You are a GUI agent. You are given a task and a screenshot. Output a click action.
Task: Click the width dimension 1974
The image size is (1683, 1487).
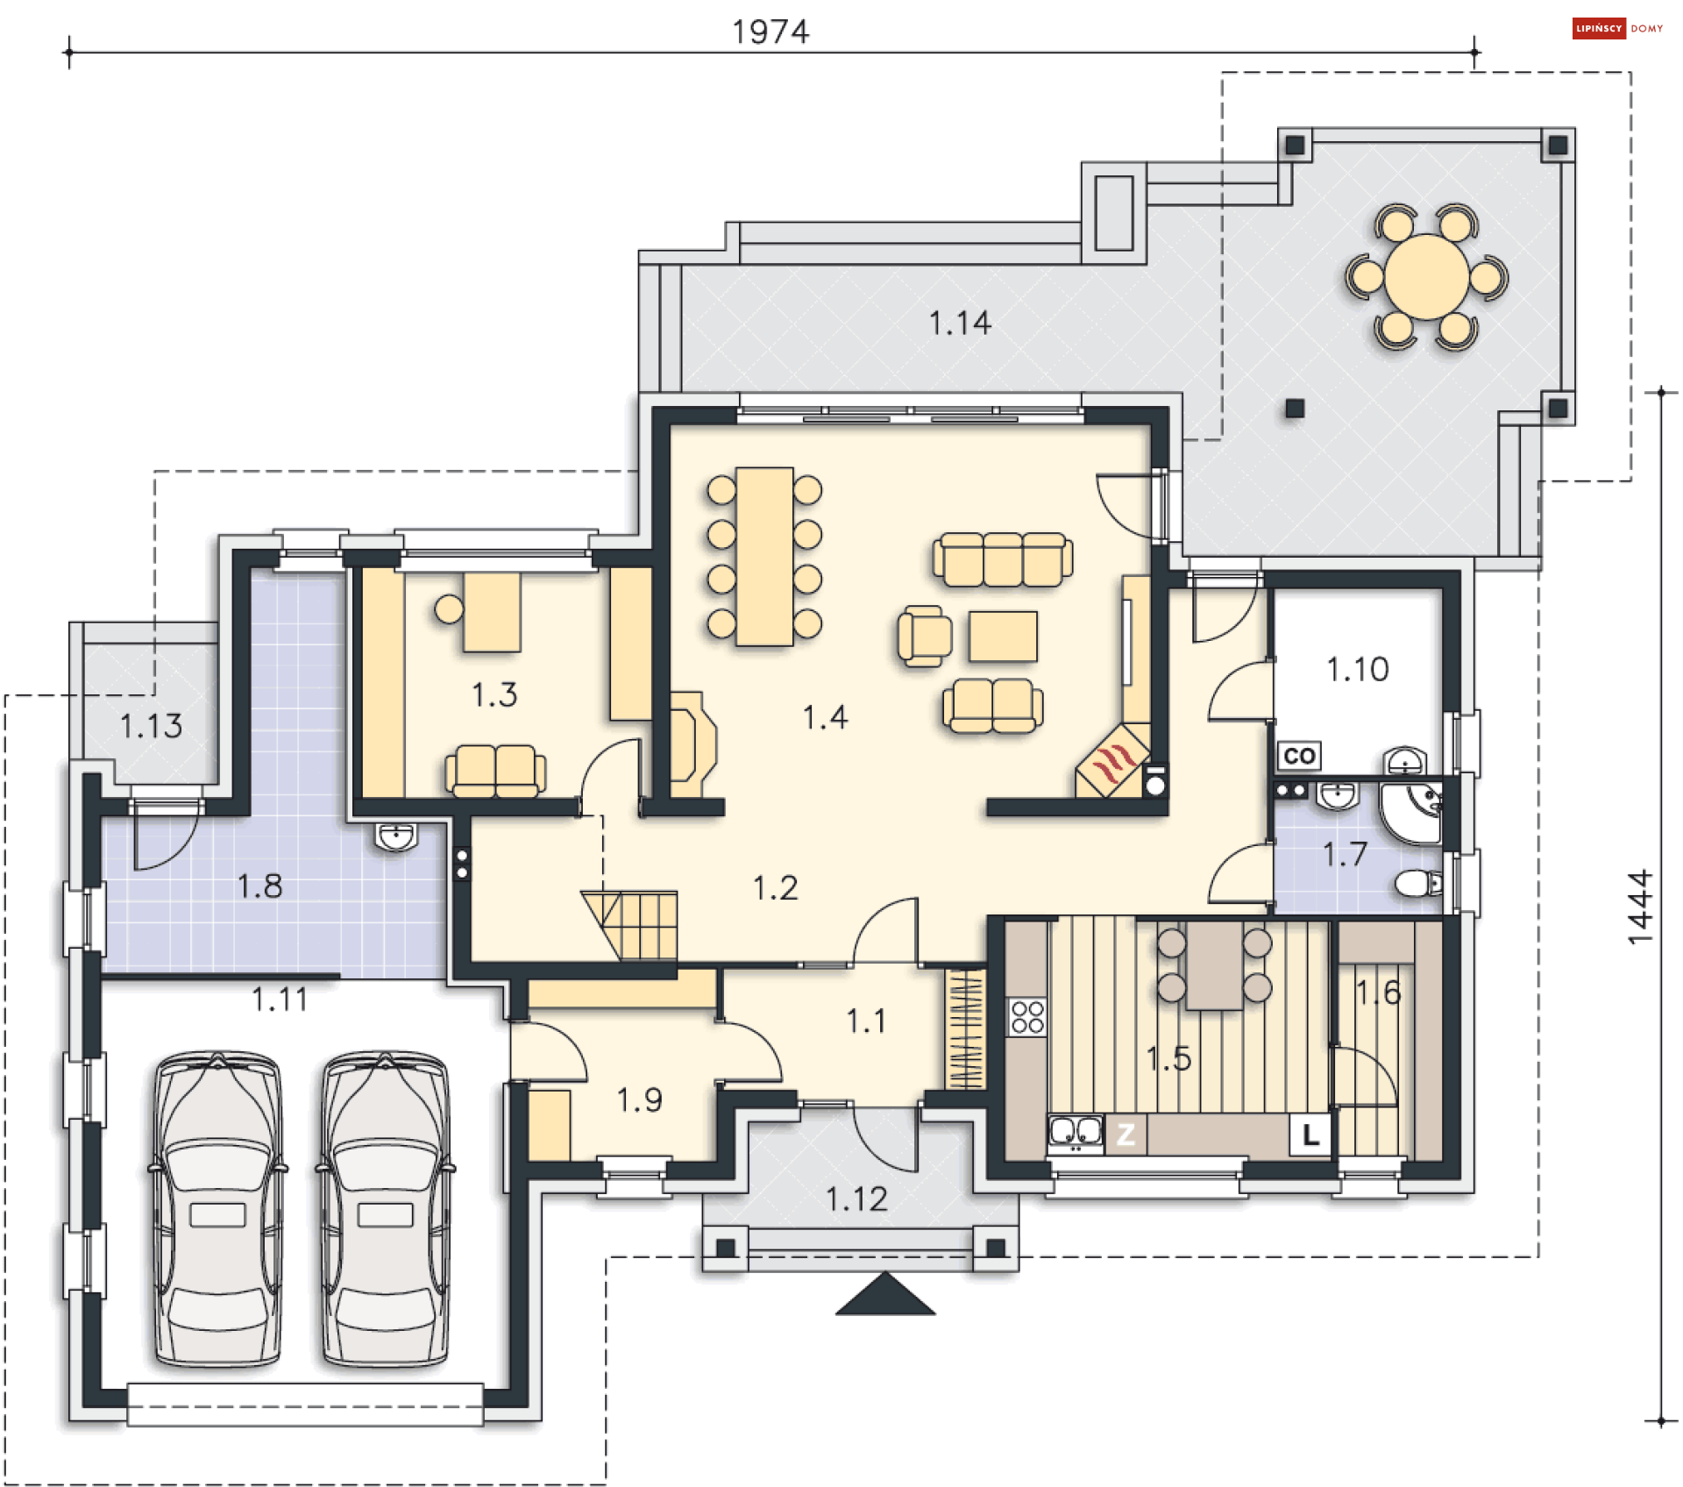pyautogui.click(x=770, y=32)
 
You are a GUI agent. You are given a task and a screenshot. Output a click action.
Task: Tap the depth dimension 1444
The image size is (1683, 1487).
pyautogui.click(x=1640, y=907)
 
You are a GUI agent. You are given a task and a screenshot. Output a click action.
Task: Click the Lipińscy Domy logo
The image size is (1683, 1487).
pyautogui.click(x=1617, y=28)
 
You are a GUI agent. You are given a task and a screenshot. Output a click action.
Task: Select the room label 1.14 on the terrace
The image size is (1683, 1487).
pyautogui.click(x=960, y=324)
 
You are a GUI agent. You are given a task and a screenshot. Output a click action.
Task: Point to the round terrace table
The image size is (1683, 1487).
pyautogui.click(x=1426, y=277)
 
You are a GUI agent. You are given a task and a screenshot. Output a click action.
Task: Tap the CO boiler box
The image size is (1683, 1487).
pyautogui.click(x=1299, y=756)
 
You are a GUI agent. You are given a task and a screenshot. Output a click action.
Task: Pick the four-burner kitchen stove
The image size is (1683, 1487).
pyautogui.click(x=1026, y=1017)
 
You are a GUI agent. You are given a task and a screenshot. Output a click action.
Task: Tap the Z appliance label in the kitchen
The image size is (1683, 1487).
pyautogui.click(x=1126, y=1135)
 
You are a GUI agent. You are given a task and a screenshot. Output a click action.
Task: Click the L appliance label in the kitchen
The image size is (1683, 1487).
pyautogui.click(x=1310, y=1135)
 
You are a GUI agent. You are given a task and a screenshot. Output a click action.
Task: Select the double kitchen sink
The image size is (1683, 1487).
pyautogui.click(x=1076, y=1133)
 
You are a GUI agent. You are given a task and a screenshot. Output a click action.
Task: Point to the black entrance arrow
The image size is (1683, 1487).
pyautogui.click(x=885, y=1295)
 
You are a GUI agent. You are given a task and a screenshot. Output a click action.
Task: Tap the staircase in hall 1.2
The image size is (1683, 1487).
pyautogui.click(x=630, y=925)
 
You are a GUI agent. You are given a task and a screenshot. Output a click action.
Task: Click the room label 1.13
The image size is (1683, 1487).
pyautogui.click(x=151, y=726)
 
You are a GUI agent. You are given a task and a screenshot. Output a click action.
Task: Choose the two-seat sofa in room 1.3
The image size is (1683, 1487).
pyautogui.click(x=495, y=772)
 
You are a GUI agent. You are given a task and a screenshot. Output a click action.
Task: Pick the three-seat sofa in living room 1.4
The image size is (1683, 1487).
pyautogui.click(x=1003, y=559)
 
